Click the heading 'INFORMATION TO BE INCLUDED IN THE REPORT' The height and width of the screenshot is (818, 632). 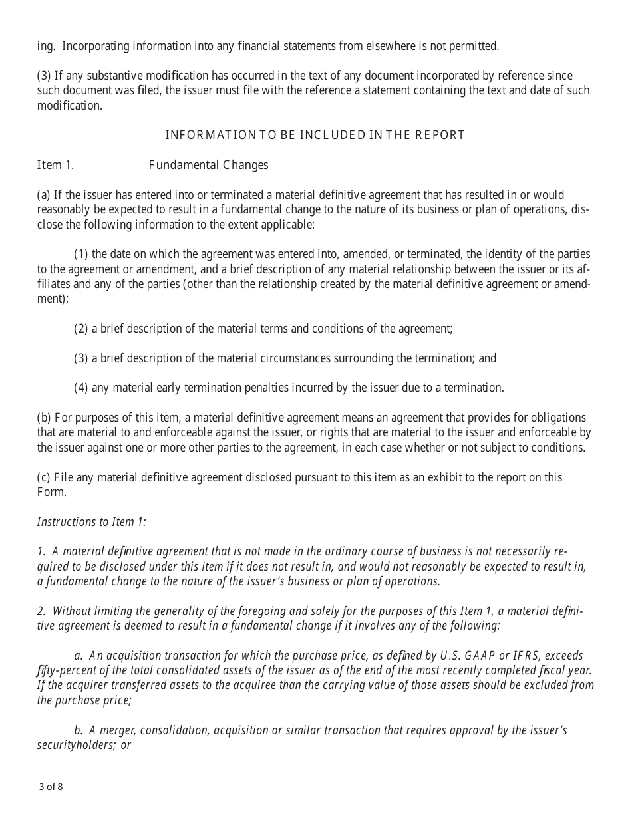click(315, 135)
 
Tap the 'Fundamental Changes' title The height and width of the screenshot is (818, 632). click(208, 165)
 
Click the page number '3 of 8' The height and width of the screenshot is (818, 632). click(51, 787)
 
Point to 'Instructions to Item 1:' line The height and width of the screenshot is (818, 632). click(91, 522)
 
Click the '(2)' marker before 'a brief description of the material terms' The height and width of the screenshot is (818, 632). click(81, 329)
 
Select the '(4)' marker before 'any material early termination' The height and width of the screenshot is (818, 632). click(81, 388)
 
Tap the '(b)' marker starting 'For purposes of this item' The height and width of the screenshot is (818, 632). click(44, 418)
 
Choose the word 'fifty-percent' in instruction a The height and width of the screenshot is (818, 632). click(67, 671)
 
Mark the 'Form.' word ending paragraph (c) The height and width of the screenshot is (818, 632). click(52, 492)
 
